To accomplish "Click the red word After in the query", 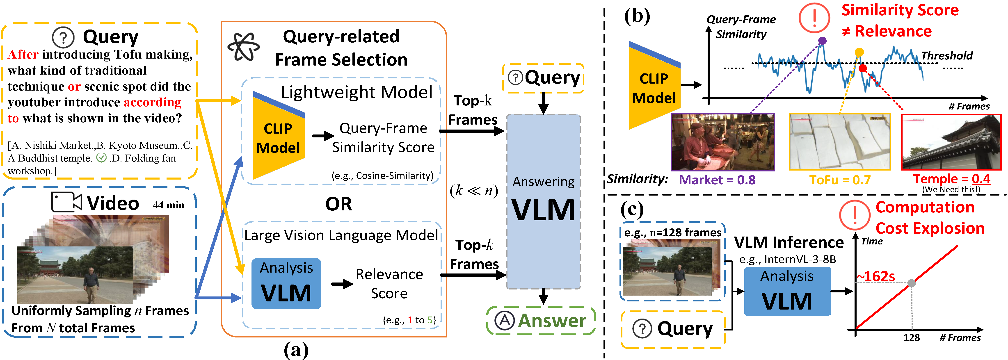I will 23,54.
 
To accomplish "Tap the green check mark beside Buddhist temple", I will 101,158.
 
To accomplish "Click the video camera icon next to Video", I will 66,202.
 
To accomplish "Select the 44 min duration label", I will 168,205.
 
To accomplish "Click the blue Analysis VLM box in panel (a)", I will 286,284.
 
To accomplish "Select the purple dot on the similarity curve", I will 823,40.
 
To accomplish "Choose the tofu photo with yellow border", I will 840,142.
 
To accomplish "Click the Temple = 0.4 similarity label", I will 952,179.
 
